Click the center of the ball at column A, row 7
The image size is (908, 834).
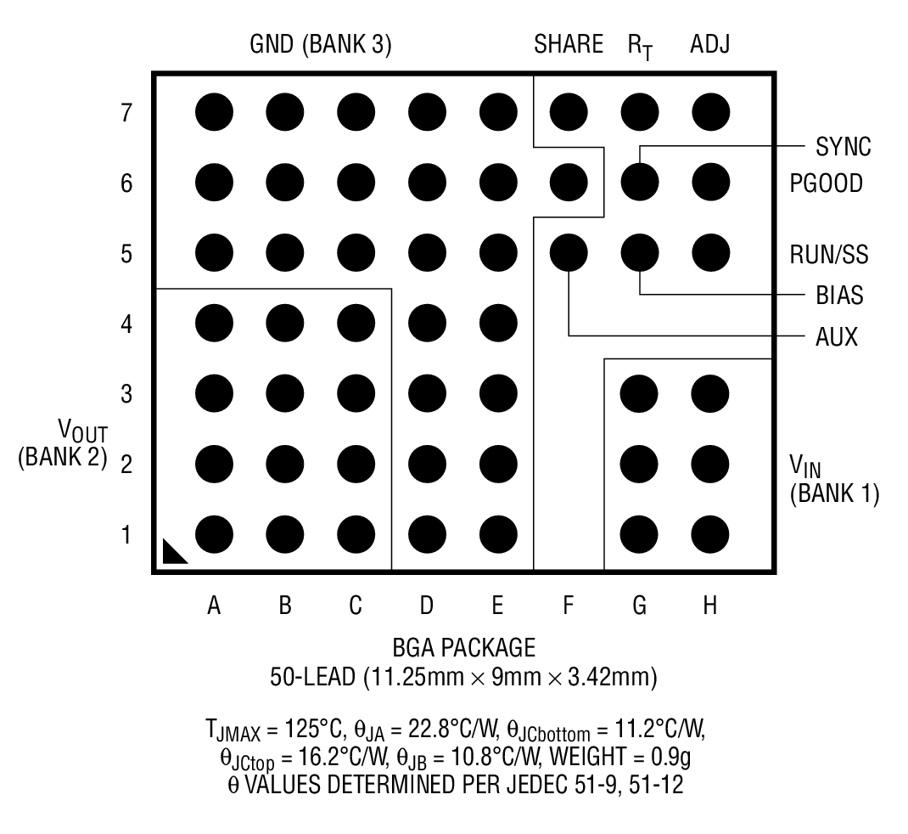pos(214,112)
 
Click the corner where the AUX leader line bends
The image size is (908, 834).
pos(569,335)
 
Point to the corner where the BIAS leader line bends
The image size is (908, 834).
pos(640,295)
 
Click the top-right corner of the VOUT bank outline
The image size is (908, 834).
pos(391,289)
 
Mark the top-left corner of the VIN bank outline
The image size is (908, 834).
pos(604,359)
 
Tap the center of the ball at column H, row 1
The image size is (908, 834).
pos(710,534)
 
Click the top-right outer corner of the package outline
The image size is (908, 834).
pos(775,73)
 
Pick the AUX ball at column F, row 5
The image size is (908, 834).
pos(569,253)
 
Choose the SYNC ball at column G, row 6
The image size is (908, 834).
pos(640,183)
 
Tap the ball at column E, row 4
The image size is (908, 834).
pos(499,323)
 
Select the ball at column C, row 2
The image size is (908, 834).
pos(356,465)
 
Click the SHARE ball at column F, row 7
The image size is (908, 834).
pos(569,112)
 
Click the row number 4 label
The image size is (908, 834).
pos(126,324)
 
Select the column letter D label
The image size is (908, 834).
pos(427,606)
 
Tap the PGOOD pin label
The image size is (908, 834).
pos(827,183)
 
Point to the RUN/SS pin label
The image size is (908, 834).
pos(829,255)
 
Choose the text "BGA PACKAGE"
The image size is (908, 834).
pos(464,647)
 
